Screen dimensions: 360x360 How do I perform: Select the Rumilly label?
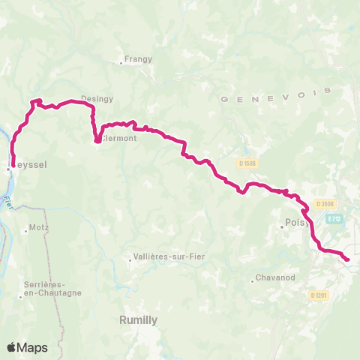coord(138,319)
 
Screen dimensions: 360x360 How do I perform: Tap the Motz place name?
coord(38,226)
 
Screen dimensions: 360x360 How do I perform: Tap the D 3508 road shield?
coord(325,202)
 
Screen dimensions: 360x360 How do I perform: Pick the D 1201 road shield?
coord(319,295)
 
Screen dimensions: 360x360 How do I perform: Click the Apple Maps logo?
coord(27,347)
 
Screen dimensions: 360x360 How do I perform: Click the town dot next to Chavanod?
coord(253,281)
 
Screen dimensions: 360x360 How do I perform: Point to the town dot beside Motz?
coord(26,230)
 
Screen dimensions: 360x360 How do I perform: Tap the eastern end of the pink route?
coord(348,259)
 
